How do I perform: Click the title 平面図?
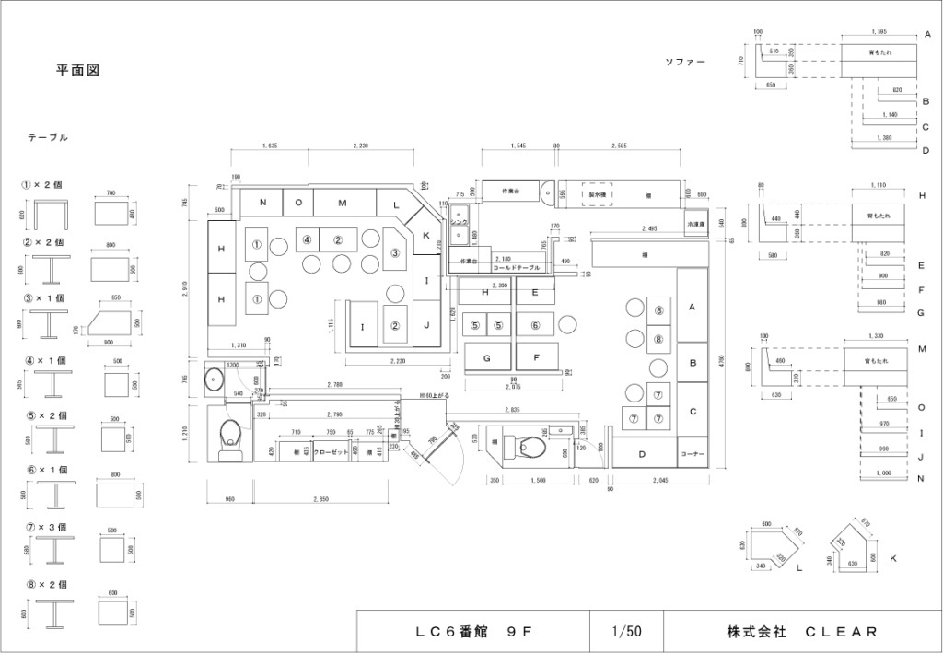pyautogui.click(x=77, y=70)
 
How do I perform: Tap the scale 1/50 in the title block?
pyautogui.click(x=626, y=632)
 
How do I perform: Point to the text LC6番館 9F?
pyautogui.click(x=473, y=632)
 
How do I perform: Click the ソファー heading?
pyautogui.click(x=685, y=63)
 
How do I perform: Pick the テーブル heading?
pyautogui.click(x=48, y=137)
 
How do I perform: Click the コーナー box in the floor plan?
pyautogui.click(x=693, y=454)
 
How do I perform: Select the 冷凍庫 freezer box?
pyautogui.click(x=695, y=224)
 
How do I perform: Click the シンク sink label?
pyautogui.click(x=460, y=224)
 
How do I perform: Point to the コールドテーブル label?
pyautogui.click(x=517, y=267)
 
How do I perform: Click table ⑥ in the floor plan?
pyautogui.click(x=534, y=324)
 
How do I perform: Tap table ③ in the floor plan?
pyautogui.click(x=395, y=252)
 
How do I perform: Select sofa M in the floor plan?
pyautogui.click(x=342, y=203)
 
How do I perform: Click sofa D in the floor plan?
pyautogui.click(x=642, y=454)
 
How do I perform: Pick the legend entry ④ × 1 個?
pyautogui.click(x=47, y=360)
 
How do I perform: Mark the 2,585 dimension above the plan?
pyautogui.click(x=619, y=146)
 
